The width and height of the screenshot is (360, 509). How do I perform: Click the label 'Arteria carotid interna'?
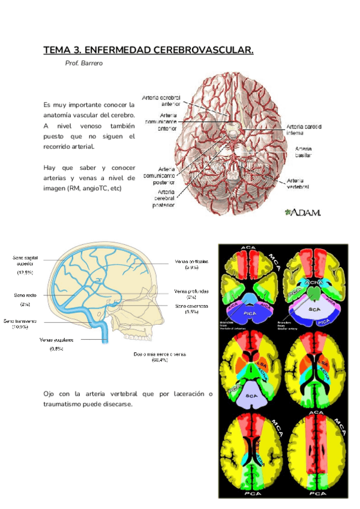click(x=304, y=130)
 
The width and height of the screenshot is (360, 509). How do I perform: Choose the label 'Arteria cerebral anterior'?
click(x=161, y=100)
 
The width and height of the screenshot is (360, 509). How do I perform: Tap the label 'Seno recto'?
click(x=26, y=295)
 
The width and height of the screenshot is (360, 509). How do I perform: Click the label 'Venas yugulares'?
click(x=56, y=340)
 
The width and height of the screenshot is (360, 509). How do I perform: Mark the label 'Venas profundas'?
click(x=191, y=291)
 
